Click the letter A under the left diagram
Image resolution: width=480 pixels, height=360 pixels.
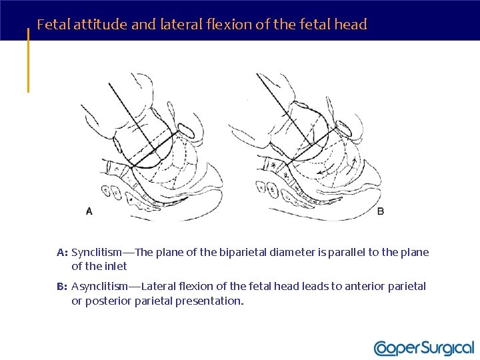pyautogui.click(x=89, y=211)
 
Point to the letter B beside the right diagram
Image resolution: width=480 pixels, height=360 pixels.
pyautogui.click(x=381, y=211)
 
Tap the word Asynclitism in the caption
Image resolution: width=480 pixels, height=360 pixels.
pyautogui.click(x=99, y=286)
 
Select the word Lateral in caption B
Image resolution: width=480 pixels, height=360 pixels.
pyautogui.click(x=159, y=286)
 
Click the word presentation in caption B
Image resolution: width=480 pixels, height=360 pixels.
pyautogui.click(x=210, y=301)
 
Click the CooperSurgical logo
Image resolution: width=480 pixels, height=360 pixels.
pyautogui.click(x=424, y=347)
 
